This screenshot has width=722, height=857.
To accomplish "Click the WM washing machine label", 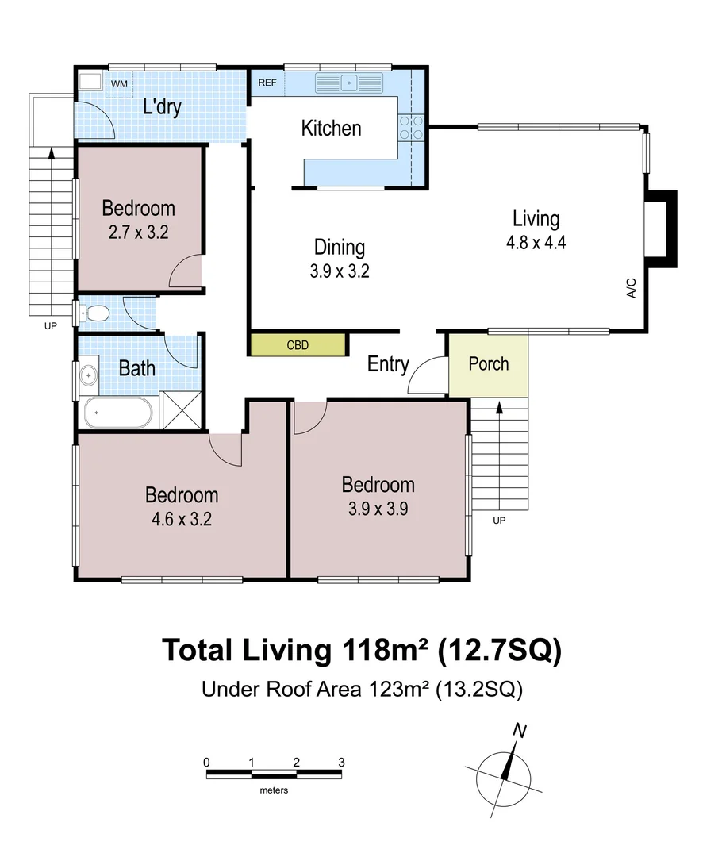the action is [119, 83].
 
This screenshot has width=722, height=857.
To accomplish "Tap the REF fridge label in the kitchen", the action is [267, 83].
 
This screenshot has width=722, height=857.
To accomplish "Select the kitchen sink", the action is [349, 83].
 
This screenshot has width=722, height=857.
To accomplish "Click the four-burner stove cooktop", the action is [411, 127].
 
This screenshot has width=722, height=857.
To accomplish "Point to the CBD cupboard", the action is [298, 345].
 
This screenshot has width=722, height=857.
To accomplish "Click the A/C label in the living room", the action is [632, 288].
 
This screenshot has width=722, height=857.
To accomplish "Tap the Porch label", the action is [489, 364].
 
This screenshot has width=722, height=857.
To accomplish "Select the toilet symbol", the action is [94, 313].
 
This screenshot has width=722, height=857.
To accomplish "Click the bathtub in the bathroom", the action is [118, 413].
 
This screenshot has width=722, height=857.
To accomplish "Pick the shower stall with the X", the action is [182, 410].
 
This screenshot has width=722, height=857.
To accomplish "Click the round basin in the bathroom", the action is [88, 375].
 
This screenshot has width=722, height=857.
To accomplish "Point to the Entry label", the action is [388, 364].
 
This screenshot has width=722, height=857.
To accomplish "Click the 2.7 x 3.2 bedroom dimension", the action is [138, 233].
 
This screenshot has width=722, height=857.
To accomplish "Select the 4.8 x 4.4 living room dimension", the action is [536, 242].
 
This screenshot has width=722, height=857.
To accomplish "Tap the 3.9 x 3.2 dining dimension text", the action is [340, 271].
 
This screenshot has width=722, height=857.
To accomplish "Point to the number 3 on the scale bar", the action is [341, 762].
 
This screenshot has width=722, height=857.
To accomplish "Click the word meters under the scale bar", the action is [274, 790].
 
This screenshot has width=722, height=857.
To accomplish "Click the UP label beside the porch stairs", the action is [499, 521].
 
